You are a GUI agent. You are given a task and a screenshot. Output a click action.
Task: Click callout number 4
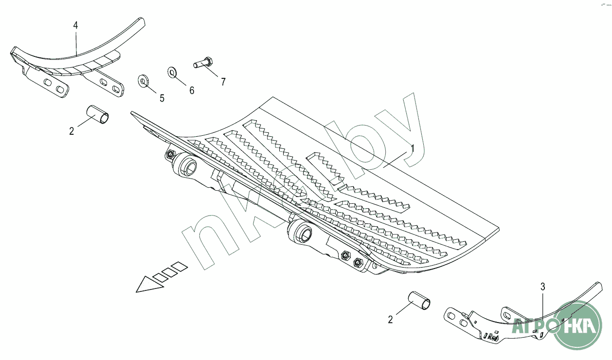75,25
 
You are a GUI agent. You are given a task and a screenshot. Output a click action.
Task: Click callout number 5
162,98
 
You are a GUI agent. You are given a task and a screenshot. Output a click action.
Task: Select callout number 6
192,90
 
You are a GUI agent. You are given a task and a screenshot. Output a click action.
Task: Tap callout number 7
223,82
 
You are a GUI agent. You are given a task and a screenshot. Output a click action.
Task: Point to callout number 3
543,287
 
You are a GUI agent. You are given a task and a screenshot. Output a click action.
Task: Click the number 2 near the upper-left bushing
72,131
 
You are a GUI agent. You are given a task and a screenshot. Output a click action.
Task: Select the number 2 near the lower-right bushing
390,320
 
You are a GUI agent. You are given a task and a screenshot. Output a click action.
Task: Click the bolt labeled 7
203,63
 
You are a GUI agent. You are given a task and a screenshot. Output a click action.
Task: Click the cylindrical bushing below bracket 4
97,114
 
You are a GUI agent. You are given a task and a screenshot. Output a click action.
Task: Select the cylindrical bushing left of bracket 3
420,300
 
